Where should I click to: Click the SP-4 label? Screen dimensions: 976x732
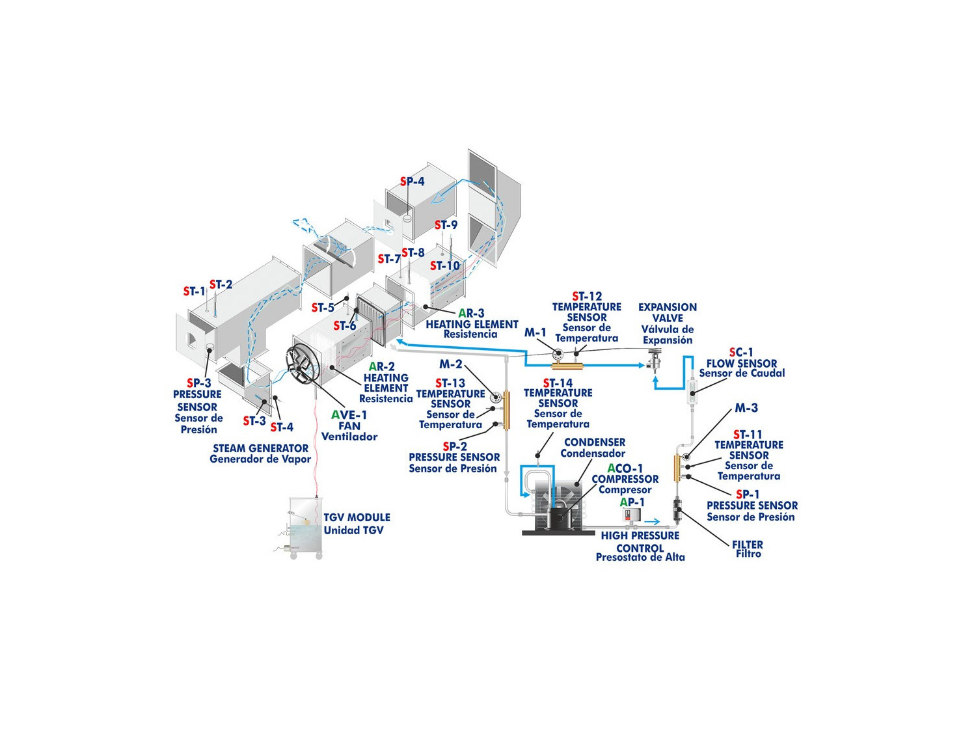(x=412, y=182)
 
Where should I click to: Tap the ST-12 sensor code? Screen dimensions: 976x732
(x=587, y=297)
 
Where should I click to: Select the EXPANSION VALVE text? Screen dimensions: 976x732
(x=668, y=312)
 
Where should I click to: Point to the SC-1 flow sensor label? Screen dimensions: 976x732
(x=742, y=353)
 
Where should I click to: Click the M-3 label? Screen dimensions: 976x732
(x=746, y=408)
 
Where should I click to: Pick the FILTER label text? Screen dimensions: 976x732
(x=748, y=545)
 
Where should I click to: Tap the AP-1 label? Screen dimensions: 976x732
(x=632, y=502)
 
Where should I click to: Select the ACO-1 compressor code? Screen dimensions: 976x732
(x=625, y=468)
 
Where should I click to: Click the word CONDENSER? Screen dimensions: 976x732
(x=595, y=442)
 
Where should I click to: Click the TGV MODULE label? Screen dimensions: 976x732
(x=357, y=517)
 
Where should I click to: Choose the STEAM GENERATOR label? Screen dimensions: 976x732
(x=260, y=448)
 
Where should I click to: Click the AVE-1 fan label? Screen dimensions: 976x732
(x=349, y=415)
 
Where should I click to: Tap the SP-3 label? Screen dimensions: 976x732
(x=198, y=383)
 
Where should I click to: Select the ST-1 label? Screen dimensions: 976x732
(x=195, y=291)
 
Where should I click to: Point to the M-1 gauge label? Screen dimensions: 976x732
(x=535, y=332)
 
